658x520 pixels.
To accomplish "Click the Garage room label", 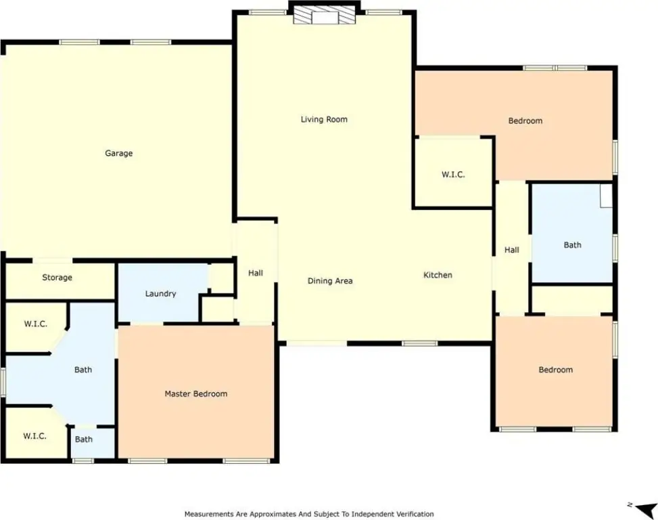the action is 119,153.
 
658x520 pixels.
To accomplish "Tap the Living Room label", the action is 324,119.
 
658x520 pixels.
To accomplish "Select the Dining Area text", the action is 330,281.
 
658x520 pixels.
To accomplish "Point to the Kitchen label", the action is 438,275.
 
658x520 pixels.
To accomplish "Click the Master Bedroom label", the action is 196,393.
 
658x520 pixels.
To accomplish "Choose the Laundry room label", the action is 160,294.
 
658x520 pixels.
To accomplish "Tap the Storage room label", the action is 57,278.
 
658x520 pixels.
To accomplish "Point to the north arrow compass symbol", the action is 643,508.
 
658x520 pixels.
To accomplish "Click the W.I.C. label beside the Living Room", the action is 453,175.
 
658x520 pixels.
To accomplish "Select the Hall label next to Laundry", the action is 256,273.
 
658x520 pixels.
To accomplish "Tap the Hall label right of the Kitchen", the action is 511,250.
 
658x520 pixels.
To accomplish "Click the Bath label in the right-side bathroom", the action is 572,245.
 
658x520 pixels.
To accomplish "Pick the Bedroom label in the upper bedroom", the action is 525,121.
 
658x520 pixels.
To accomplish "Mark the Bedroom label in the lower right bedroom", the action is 556,370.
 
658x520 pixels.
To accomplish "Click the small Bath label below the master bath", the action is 83,439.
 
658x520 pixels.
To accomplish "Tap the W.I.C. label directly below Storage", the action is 36,324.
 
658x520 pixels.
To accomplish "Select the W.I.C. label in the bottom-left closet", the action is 35,436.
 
